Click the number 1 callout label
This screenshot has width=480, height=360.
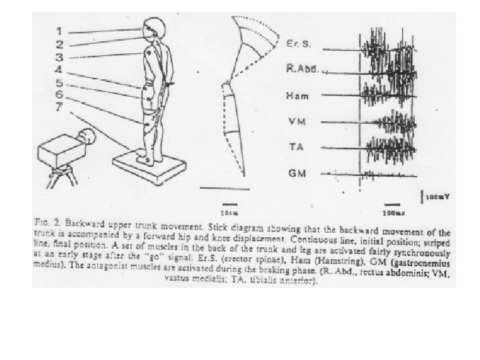tap(59, 30)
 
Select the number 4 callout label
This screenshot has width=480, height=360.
tap(59, 69)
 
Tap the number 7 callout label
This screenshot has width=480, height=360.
tap(59, 107)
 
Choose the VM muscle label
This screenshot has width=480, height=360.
tap(295, 121)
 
